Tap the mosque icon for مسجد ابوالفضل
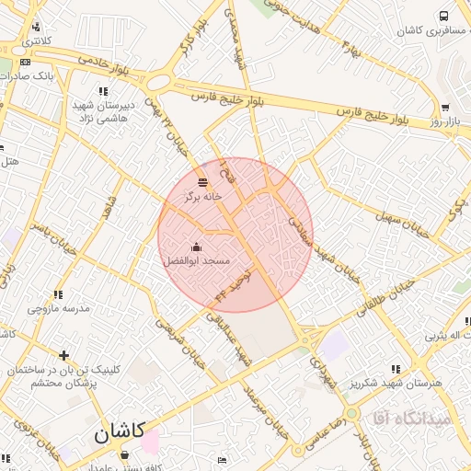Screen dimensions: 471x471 click(196, 247)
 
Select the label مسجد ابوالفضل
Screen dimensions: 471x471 click(196, 262)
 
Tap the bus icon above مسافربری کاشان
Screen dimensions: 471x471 click(444, 16)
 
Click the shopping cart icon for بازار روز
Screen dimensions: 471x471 click(446, 107)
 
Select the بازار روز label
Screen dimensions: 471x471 click(444, 121)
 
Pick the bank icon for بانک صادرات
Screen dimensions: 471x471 click(24, 63)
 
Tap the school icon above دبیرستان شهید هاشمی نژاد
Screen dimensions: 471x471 click(103, 91)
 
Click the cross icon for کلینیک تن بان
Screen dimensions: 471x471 click(63, 355)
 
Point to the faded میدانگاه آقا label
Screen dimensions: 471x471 click(408, 419)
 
